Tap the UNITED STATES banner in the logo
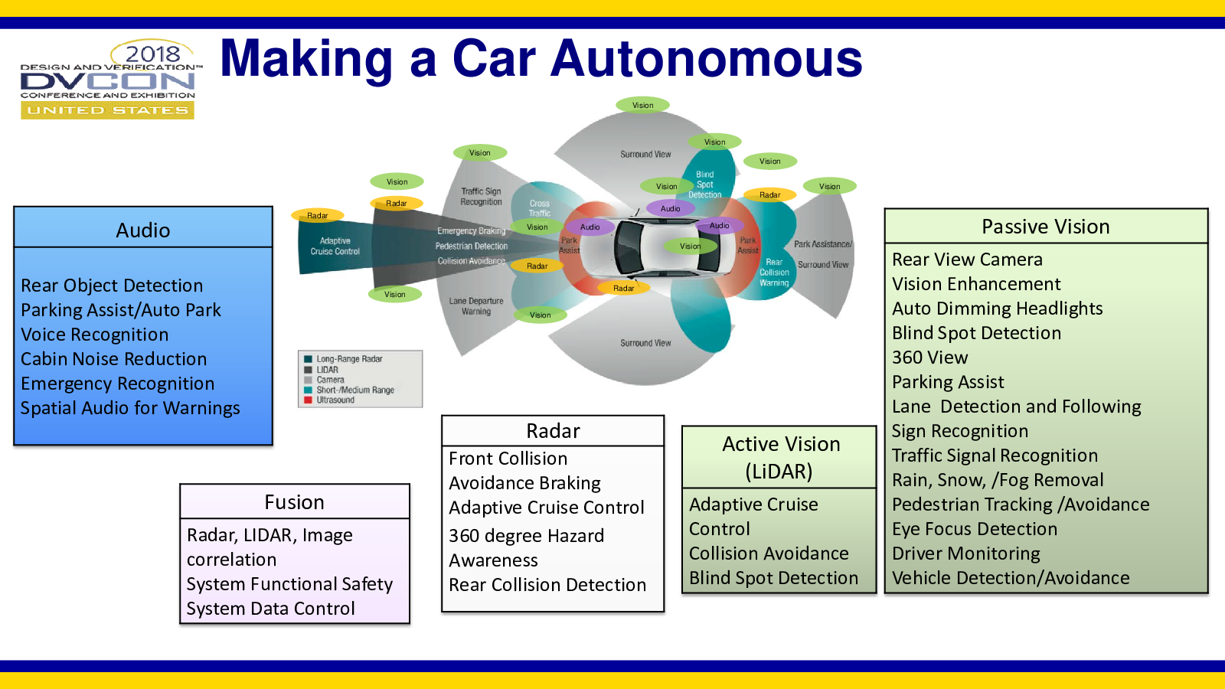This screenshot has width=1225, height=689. [108, 110]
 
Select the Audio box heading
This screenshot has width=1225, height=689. [143, 230]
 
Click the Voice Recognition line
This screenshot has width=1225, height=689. [95, 335]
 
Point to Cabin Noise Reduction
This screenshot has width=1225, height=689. [114, 359]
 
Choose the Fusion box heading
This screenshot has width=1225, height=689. [295, 502]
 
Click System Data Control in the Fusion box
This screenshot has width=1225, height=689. [271, 609]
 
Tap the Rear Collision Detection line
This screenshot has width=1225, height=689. [547, 585]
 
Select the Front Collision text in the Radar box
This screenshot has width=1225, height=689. [508, 459]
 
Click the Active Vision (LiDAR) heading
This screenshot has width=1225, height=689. [780, 457]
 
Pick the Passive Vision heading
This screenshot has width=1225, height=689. [1046, 227]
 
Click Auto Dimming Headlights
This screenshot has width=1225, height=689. [998, 309]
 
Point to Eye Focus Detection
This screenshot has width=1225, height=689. [975, 529]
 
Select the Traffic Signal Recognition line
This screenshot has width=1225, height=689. [995, 456]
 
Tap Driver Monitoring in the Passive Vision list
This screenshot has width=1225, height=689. [966, 553]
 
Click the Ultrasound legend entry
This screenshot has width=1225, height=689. [335, 400]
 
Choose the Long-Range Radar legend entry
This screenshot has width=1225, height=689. [349, 359]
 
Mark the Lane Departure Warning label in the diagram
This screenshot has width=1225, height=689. [476, 306]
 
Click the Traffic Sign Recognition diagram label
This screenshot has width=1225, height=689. [481, 197]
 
